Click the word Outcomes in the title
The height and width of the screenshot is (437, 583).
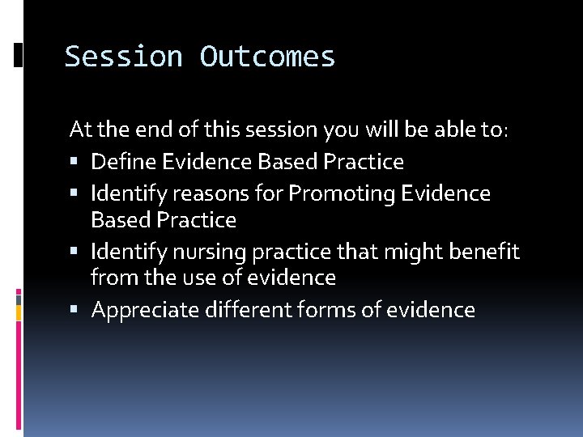[x=267, y=57]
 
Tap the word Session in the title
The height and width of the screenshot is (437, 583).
[x=125, y=57]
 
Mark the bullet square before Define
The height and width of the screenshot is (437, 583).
[x=75, y=163]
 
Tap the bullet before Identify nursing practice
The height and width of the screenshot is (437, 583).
[x=75, y=252]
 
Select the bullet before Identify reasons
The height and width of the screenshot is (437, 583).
[x=75, y=194]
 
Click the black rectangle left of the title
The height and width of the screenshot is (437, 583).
[x=19, y=56]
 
